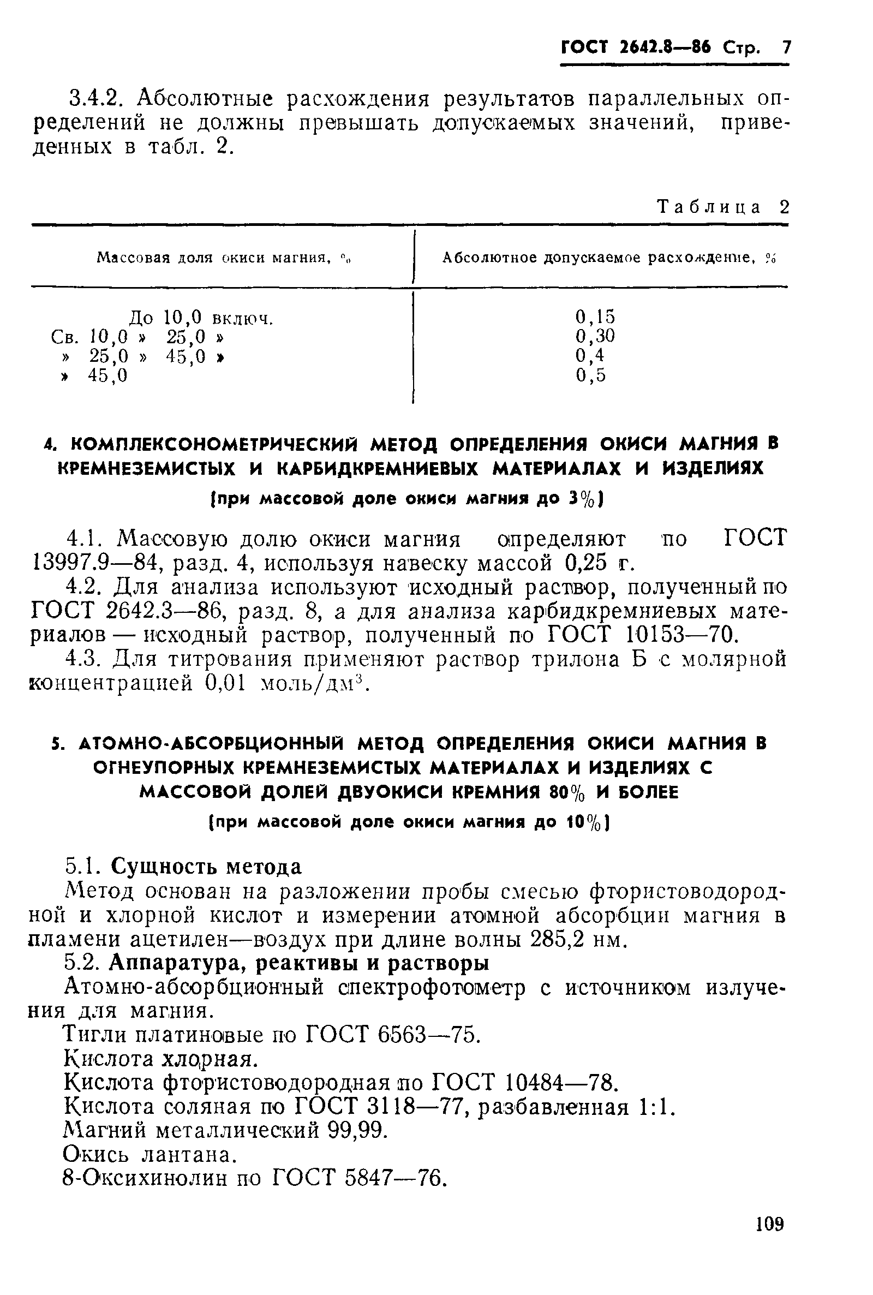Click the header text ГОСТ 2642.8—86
(636, 48)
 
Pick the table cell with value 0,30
(595, 336)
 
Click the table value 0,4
(590, 355)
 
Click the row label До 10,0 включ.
(201, 319)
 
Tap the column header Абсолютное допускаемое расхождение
(601, 258)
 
